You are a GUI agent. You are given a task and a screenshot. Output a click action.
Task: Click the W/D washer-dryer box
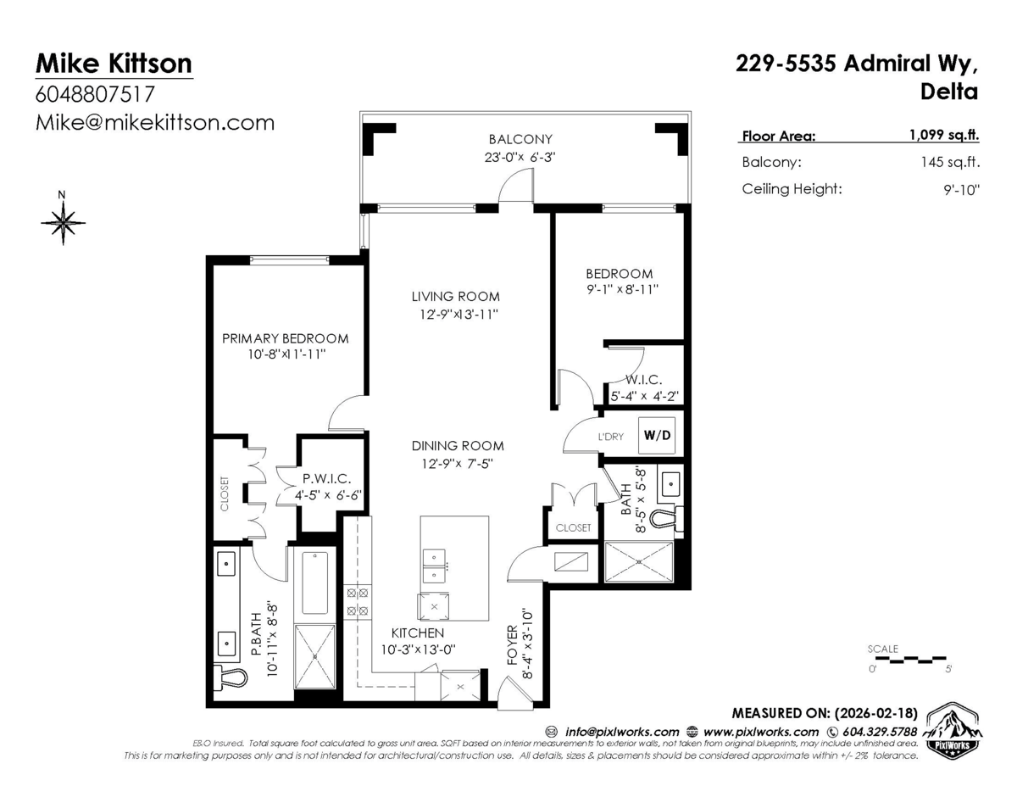click(x=659, y=436)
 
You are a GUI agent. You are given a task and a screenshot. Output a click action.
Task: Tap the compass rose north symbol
click(x=63, y=223)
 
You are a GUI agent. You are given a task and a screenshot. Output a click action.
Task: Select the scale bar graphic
click(x=909, y=656)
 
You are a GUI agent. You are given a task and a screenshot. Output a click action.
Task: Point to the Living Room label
click(x=455, y=297)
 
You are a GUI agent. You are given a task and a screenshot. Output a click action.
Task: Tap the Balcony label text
click(x=520, y=139)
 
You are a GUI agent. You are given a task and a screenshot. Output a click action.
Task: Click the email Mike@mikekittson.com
click(x=154, y=122)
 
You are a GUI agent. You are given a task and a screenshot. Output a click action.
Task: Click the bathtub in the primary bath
click(x=315, y=583)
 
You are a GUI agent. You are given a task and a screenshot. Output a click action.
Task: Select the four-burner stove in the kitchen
click(x=357, y=601)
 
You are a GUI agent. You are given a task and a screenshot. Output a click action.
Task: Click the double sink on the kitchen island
click(x=435, y=566)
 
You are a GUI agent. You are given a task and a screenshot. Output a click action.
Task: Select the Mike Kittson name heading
click(x=114, y=63)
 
